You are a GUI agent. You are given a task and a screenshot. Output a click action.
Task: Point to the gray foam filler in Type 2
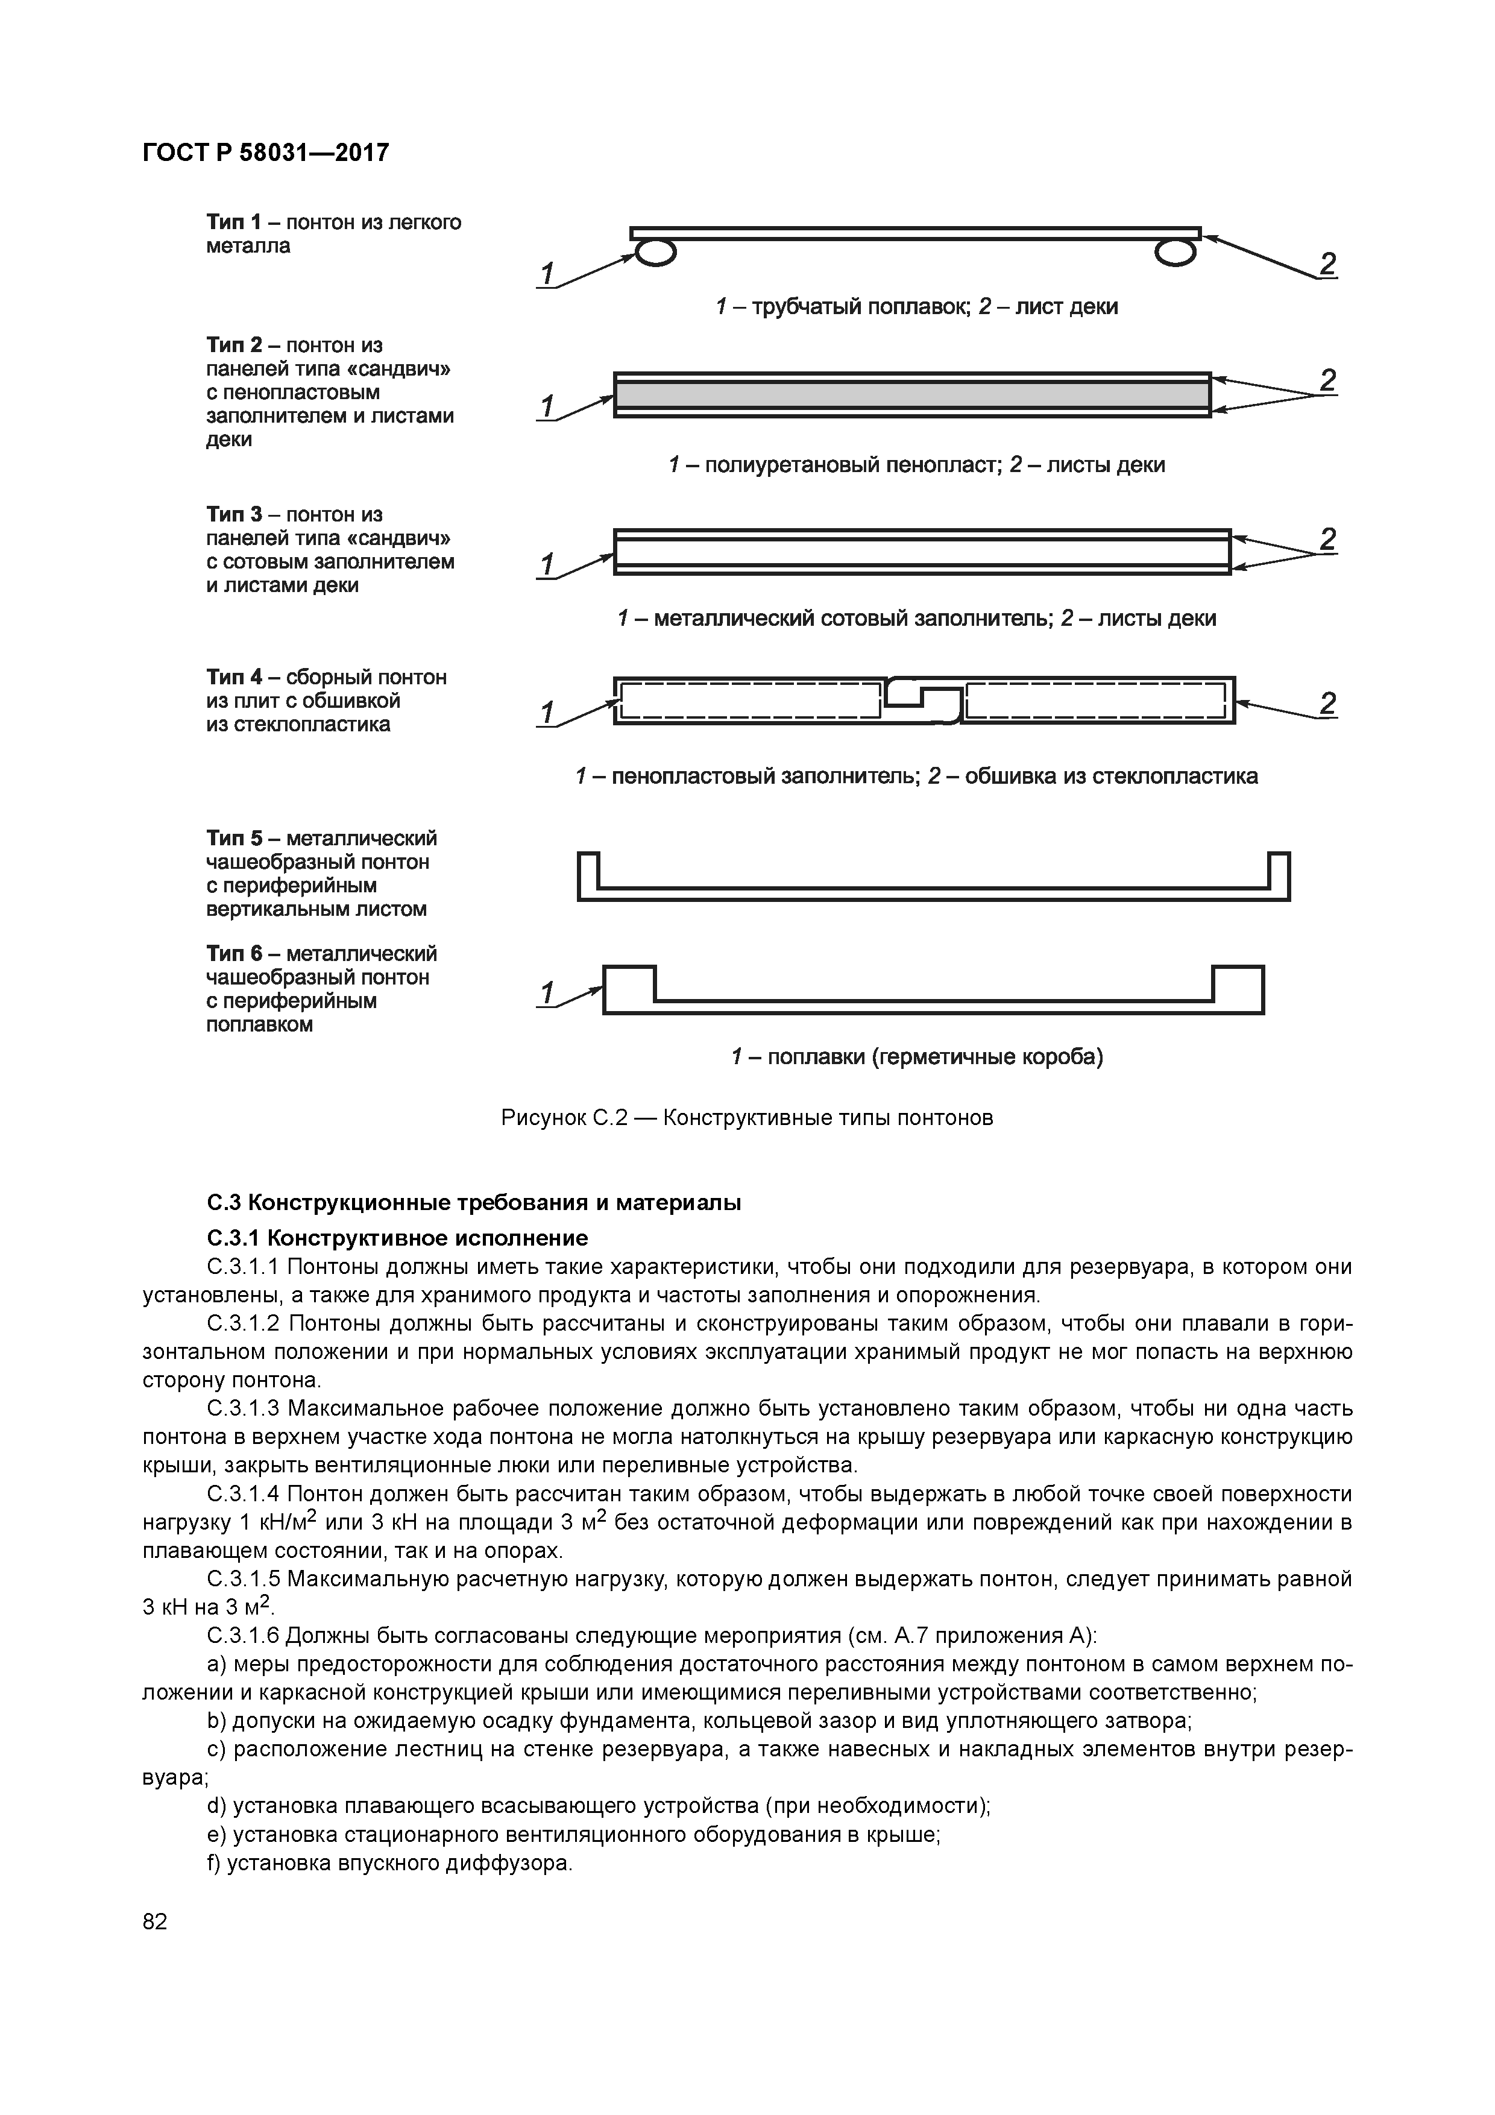[x=912, y=395]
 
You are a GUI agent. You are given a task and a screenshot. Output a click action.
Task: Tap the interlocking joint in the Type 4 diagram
[x=922, y=700]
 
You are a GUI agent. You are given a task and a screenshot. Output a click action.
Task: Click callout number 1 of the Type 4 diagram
[x=547, y=711]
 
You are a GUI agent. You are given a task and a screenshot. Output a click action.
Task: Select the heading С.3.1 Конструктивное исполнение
[x=397, y=1237]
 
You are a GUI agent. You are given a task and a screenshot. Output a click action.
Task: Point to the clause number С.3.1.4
[x=243, y=1493]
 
